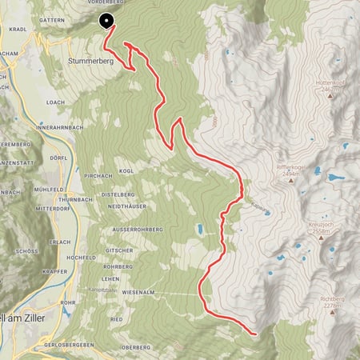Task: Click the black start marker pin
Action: [x=106, y=22]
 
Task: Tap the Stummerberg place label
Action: [x=87, y=60]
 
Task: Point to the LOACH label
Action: [x=55, y=102]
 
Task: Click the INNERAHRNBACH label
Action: [x=61, y=127]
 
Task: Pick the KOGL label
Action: [x=125, y=170]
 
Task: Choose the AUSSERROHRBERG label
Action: [x=137, y=228]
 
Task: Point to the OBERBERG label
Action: [x=134, y=347]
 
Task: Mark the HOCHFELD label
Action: [x=82, y=257]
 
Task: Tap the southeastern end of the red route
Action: [x=255, y=332]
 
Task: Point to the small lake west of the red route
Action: [x=200, y=230]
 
